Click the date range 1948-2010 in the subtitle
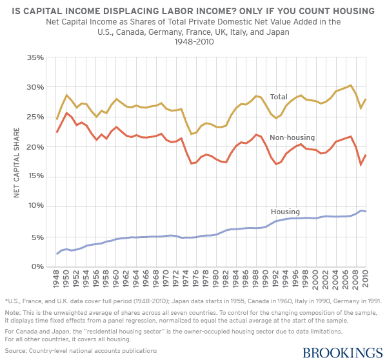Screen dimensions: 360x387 click(x=193, y=41)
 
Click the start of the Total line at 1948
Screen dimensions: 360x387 click(x=57, y=119)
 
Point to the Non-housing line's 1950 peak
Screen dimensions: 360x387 click(x=66, y=113)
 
